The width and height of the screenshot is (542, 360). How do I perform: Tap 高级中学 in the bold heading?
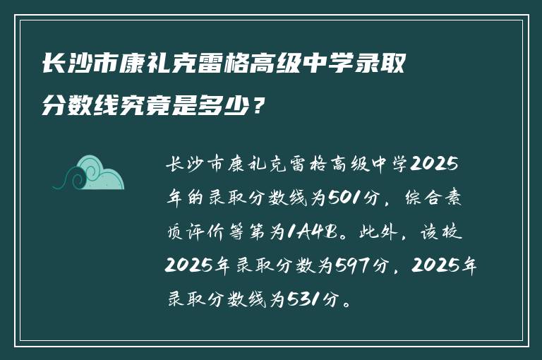pyautogui.click(x=299, y=66)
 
